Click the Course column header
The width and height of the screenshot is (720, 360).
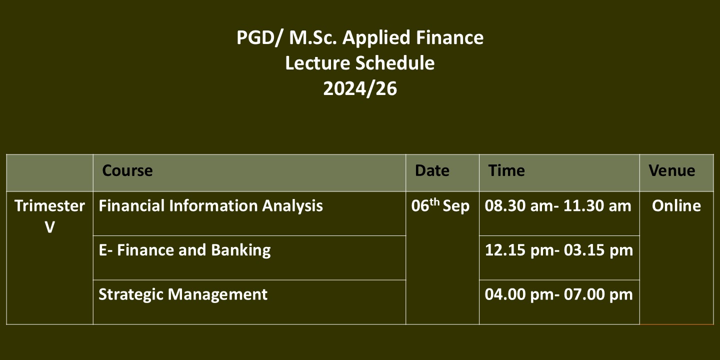point(127,170)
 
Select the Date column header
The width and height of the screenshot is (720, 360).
point(432,170)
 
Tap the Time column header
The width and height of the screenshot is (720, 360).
point(506,170)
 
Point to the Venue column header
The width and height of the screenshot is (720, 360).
point(672,170)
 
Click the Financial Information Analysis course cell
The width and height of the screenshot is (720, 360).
point(210,206)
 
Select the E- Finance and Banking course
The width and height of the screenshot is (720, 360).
point(184,250)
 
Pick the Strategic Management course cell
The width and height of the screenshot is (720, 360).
point(183,294)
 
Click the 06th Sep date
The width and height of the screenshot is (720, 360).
point(440,205)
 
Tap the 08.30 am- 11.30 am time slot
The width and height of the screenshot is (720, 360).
point(557,205)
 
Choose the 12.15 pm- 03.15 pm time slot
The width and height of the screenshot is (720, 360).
point(558,250)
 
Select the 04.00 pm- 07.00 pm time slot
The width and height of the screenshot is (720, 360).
point(558,294)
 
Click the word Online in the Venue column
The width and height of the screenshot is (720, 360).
point(676,205)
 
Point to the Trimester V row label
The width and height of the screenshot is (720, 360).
point(49,216)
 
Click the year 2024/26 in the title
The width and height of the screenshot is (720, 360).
point(360,88)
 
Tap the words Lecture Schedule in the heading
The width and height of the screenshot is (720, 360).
point(360,62)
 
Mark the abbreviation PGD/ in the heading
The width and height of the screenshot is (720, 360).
point(259,38)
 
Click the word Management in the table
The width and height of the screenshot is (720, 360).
point(217,294)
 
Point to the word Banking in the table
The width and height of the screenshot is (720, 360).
point(241,250)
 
